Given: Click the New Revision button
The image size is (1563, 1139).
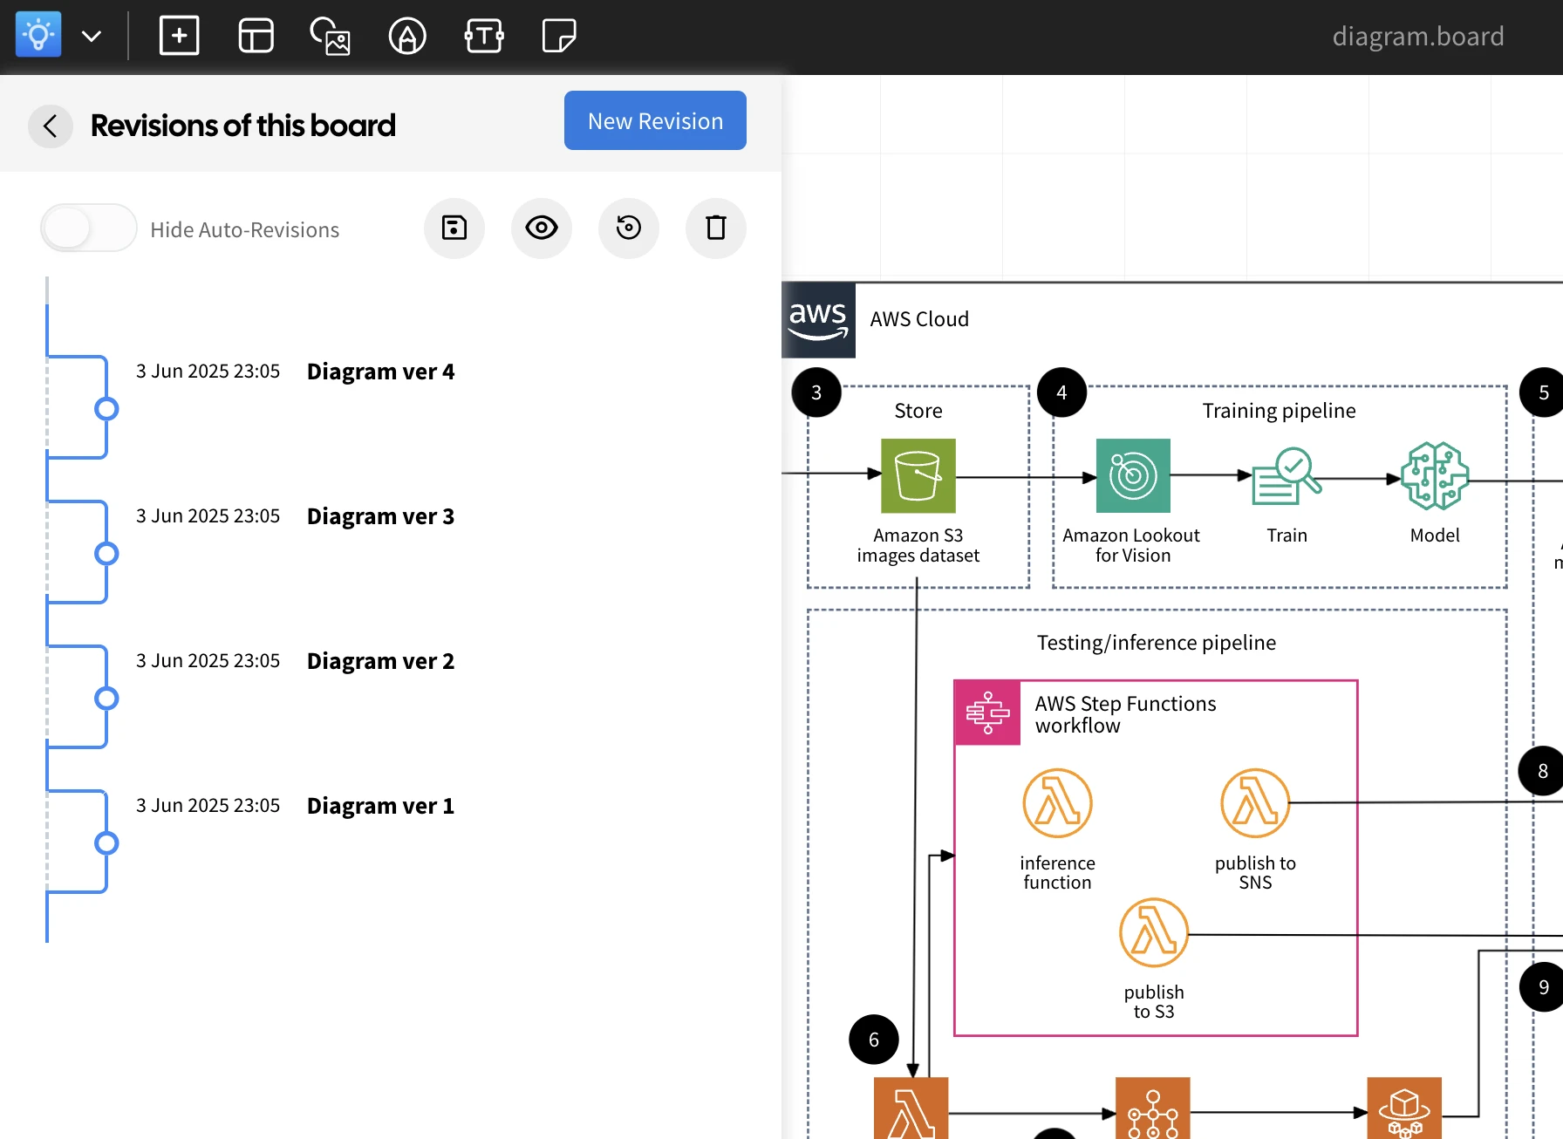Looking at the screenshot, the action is pyautogui.click(x=655, y=120).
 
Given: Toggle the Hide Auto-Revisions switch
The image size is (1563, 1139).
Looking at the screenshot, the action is pyautogui.click(x=88, y=228).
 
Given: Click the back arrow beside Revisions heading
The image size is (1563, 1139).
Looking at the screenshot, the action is pyautogui.click(x=51, y=126).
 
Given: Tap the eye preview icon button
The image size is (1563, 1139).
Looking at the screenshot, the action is pyautogui.click(x=542, y=228).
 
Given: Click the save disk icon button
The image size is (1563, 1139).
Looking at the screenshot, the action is pyautogui.click(x=454, y=228).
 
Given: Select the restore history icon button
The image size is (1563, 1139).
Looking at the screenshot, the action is pyautogui.click(x=629, y=228).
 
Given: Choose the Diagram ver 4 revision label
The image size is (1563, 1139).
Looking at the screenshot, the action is pyautogui.click(x=380, y=372).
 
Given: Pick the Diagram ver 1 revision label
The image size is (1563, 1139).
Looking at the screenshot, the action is pyautogui.click(x=380, y=806).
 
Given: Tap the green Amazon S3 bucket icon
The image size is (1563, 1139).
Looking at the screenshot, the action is pyautogui.click(x=918, y=476).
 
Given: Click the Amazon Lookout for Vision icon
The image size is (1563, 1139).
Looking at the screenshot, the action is pyautogui.click(x=1133, y=476).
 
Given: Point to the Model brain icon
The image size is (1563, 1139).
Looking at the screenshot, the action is pyautogui.click(x=1435, y=476).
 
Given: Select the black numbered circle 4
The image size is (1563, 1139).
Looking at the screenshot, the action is pyautogui.click(x=1061, y=392).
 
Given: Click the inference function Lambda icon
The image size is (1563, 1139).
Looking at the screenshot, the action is pyautogui.click(x=1057, y=803).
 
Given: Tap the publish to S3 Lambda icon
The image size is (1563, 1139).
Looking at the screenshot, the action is pyautogui.click(x=1154, y=933).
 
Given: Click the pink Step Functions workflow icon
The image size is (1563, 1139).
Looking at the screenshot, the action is pyautogui.click(x=987, y=713).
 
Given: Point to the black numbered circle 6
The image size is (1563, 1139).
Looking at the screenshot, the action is pyautogui.click(x=874, y=1040).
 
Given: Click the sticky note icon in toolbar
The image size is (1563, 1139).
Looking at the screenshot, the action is pyautogui.click(x=559, y=37).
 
